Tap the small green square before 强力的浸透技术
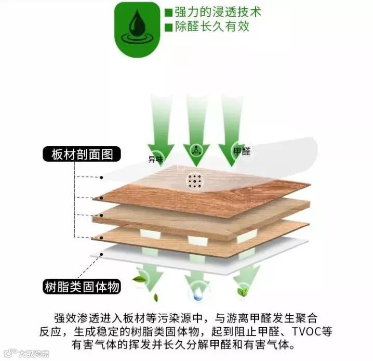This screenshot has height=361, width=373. (x=168, y=12)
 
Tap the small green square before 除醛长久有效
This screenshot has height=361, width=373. (x=168, y=27)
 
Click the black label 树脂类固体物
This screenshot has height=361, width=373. (x=82, y=286)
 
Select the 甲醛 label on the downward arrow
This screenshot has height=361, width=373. (x=242, y=151)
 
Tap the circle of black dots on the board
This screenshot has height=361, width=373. (x=195, y=180)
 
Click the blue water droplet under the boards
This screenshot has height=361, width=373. (x=197, y=295)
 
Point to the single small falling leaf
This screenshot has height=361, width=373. (x=155, y=298)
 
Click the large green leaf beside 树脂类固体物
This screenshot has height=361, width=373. (x=139, y=279)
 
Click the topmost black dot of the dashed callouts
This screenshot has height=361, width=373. (x=102, y=177)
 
